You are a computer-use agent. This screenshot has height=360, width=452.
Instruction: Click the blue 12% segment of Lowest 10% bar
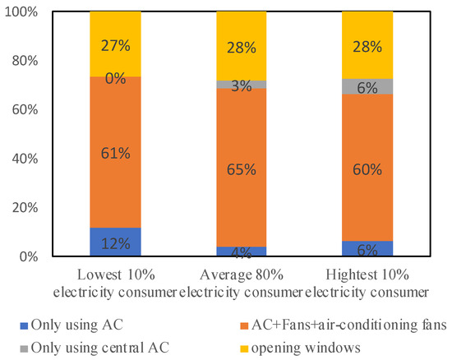tap(115, 242)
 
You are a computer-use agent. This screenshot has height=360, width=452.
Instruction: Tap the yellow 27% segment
tap(115, 44)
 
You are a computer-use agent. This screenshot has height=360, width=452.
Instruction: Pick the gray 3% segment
tap(242, 85)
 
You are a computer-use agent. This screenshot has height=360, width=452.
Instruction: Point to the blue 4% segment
tap(242, 252)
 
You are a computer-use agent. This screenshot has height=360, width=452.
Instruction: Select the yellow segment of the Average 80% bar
tap(242, 46)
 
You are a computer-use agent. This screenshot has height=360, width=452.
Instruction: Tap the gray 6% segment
tap(367, 86)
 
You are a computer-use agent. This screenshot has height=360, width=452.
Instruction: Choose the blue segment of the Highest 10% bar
tap(367, 248)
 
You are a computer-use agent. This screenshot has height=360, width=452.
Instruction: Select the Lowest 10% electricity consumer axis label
tap(115, 281)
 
